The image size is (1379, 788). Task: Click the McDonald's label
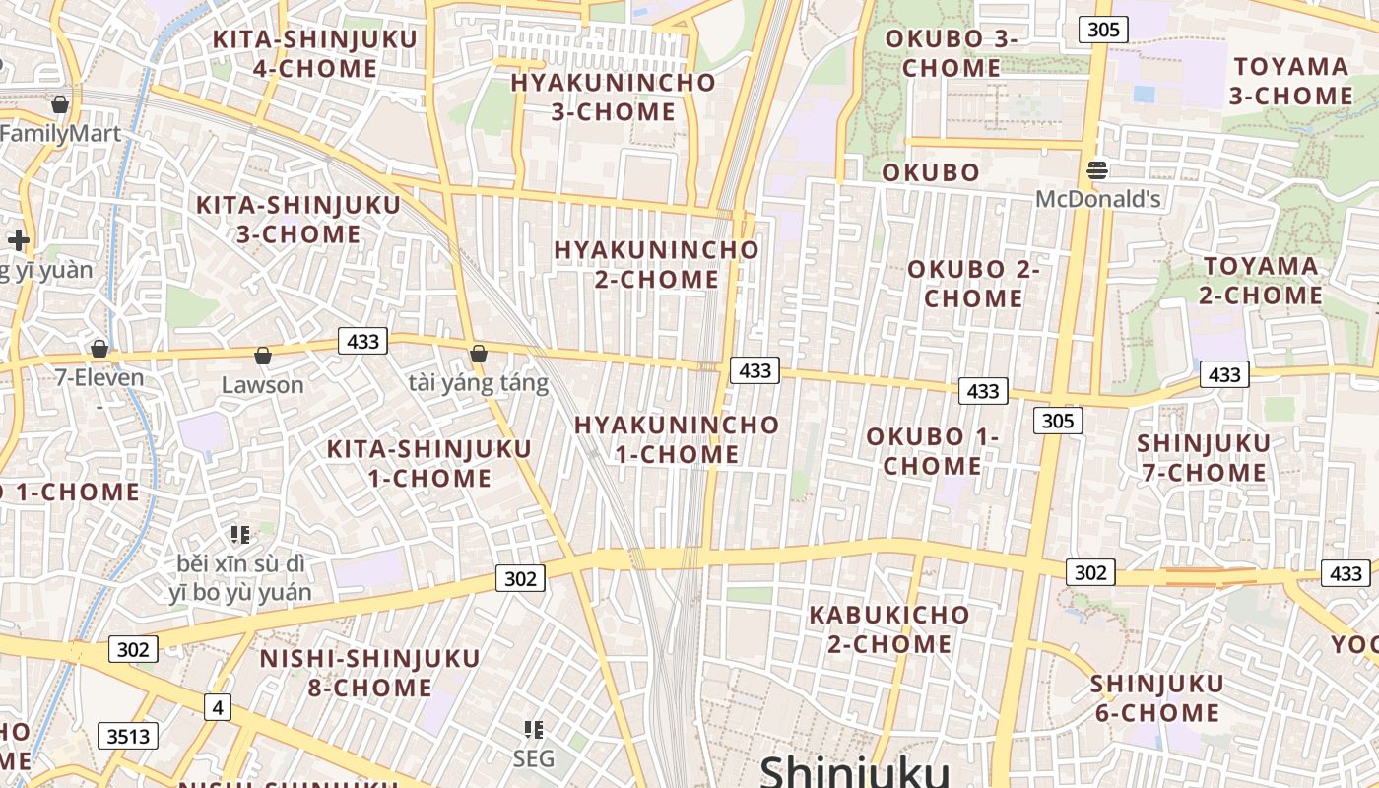1098,199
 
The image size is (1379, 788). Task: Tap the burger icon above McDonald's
1097,170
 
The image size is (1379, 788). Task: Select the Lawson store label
262,384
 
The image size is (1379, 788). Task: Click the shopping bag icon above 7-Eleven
98,349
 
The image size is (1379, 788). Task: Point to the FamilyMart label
61,134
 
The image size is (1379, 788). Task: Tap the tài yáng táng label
479,382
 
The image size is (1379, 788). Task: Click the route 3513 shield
128,736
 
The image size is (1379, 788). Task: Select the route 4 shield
218,706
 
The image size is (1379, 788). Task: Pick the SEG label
534,758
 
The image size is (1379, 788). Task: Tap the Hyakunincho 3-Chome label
613,97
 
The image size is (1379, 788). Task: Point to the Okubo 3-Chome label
952,53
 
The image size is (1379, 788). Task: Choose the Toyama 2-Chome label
1262,281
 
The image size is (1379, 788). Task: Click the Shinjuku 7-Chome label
1203,458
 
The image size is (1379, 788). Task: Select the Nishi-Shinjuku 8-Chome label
370,673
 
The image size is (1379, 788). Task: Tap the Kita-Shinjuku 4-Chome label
315,53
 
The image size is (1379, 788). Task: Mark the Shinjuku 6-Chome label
1157,697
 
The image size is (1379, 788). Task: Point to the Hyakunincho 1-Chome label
677,439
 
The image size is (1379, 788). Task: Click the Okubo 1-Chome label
932,451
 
